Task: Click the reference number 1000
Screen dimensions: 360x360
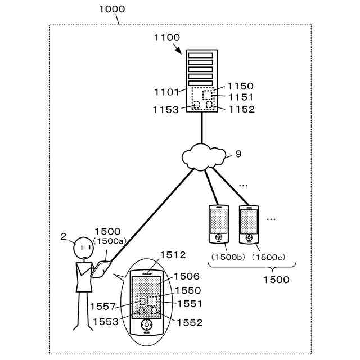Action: pyautogui.click(x=112, y=9)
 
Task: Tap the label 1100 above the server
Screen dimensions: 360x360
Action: pyautogui.click(x=167, y=38)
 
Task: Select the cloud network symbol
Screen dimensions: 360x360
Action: pyautogui.click(x=204, y=157)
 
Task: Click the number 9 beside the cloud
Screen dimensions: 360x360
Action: pyautogui.click(x=238, y=154)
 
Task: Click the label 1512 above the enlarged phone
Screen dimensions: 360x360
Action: pyautogui.click(x=173, y=255)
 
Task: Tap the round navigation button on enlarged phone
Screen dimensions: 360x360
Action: pyautogui.click(x=146, y=325)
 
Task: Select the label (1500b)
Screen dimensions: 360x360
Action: pyautogui.click(x=228, y=257)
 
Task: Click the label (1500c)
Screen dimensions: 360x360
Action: pyautogui.click(x=268, y=257)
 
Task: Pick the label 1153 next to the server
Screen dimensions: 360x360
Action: pyautogui.click(x=166, y=110)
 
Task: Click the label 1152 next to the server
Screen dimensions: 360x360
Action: pyautogui.click(x=242, y=109)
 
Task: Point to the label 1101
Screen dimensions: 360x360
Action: pyautogui.click(x=166, y=92)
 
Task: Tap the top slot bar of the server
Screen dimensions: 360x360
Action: pyautogui.click(x=201, y=55)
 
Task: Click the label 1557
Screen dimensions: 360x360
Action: pyautogui.click(x=102, y=307)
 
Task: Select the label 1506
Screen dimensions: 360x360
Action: pyautogui.click(x=186, y=276)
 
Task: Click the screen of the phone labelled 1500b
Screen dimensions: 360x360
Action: pyautogui.click(x=219, y=221)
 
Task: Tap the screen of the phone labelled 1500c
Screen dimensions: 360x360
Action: pyautogui.click(x=249, y=222)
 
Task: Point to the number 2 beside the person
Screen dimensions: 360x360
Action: pyautogui.click(x=64, y=236)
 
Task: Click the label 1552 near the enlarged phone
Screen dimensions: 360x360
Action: pyautogui.click(x=190, y=323)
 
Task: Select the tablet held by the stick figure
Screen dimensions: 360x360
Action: pyautogui.click(x=101, y=269)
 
